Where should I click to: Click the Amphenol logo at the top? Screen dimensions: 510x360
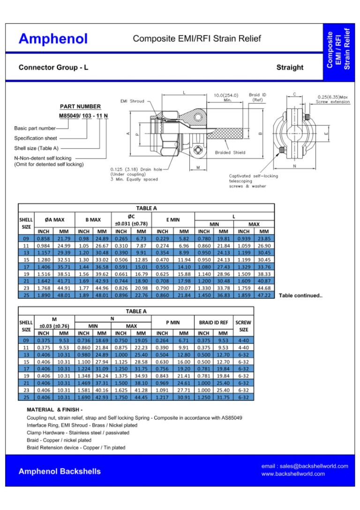[53, 39]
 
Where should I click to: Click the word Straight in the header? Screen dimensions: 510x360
[290, 68]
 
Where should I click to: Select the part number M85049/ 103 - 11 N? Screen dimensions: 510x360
[83, 115]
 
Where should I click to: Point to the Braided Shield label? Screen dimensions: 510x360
[230, 152]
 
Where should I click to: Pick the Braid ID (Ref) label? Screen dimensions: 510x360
[257, 97]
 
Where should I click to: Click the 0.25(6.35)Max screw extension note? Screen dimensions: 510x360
[333, 99]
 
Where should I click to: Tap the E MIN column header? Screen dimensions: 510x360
[173, 220]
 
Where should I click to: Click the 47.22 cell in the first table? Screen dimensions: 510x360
[264, 295]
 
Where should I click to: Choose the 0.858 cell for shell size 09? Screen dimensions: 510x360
[44, 238]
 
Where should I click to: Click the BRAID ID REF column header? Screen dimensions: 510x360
[213, 322]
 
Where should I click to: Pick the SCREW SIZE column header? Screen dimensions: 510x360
[243, 326]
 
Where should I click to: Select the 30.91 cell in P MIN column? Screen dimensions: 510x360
[184, 397]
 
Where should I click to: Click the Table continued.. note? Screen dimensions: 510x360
[300, 296]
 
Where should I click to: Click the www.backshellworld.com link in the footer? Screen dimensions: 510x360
[293, 474]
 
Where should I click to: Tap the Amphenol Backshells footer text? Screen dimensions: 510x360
[59, 471]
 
